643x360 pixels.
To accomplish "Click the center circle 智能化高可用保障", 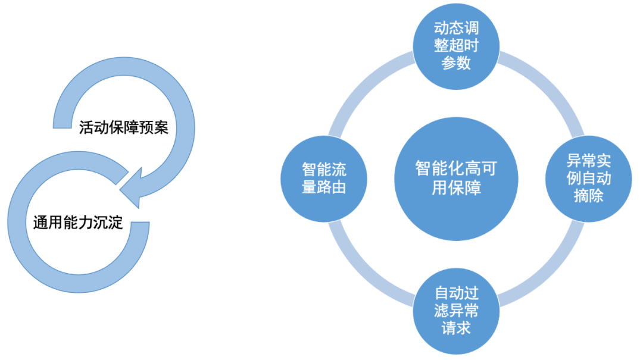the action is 455,179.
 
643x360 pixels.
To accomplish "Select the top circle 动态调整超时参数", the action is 456,46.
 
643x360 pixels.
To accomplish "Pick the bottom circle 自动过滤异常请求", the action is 456,311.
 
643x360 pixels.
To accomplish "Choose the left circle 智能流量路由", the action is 324,179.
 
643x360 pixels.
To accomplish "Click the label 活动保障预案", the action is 124,128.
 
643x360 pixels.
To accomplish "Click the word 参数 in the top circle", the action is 456,63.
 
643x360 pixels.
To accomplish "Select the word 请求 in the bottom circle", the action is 456,328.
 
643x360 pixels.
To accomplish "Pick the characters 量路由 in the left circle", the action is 324,187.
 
